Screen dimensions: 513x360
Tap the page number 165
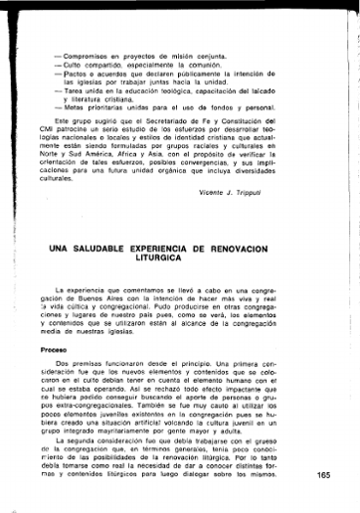pyautogui.click(x=324, y=475)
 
